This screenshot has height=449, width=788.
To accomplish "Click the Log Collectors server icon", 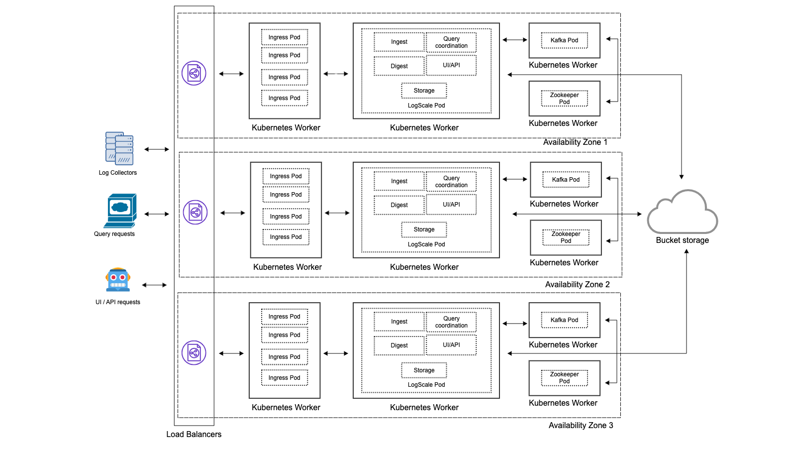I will click(119, 148).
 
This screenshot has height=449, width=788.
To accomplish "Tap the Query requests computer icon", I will click(120, 211).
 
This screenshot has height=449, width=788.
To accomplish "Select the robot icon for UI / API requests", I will click(118, 280).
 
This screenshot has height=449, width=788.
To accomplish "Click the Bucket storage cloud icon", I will click(682, 213).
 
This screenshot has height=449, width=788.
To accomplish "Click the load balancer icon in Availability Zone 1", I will click(194, 74).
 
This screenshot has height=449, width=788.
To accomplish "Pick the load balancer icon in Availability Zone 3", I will click(194, 353).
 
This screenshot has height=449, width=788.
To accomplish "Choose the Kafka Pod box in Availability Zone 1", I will click(564, 40).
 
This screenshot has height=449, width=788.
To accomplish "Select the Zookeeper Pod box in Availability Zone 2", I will click(566, 237).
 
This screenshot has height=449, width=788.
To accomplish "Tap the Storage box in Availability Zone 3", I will click(424, 370).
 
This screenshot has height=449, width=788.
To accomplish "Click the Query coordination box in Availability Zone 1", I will click(451, 42).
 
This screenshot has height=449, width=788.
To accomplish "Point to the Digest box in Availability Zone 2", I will click(399, 205).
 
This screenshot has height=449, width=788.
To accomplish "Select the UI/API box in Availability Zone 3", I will click(451, 345).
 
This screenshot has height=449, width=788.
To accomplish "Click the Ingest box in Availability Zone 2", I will click(399, 181).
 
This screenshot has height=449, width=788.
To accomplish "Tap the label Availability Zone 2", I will click(577, 284).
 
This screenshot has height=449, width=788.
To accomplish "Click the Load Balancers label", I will click(194, 434).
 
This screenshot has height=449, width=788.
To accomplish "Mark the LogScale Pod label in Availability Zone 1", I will click(426, 106).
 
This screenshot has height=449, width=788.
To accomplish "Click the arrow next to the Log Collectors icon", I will click(157, 149).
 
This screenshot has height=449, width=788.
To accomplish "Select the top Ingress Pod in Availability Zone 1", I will click(285, 37).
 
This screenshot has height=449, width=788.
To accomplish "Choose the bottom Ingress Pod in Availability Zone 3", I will click(285, 378).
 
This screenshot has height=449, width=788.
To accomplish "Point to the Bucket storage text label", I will click(682, 240).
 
